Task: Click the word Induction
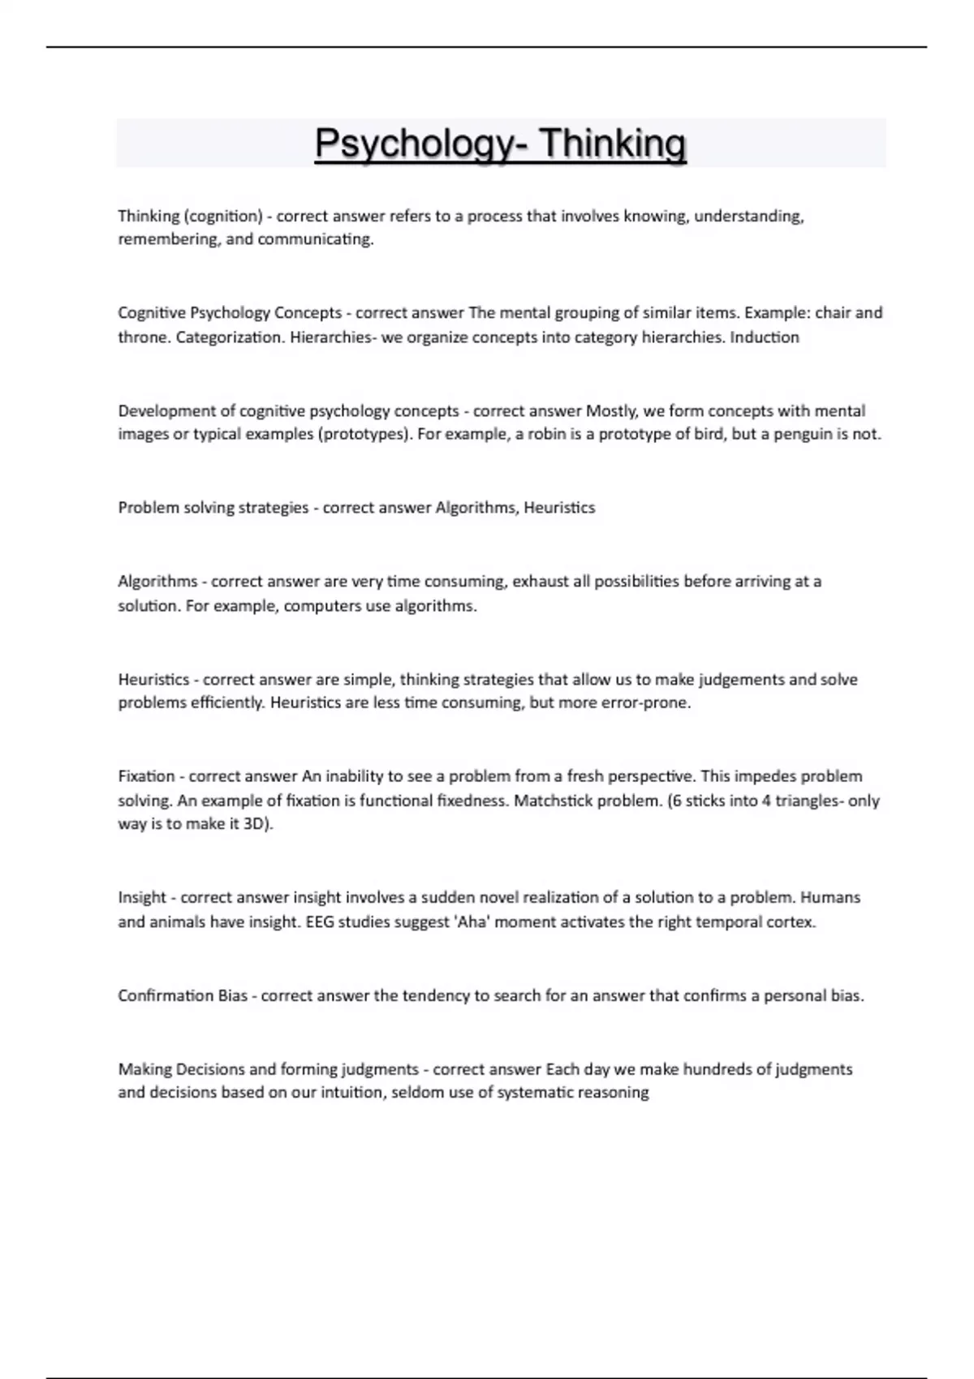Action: [x=765, y=337]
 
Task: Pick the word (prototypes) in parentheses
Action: [x=368, y=434]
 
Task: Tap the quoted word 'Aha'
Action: [x=465, y=922]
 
